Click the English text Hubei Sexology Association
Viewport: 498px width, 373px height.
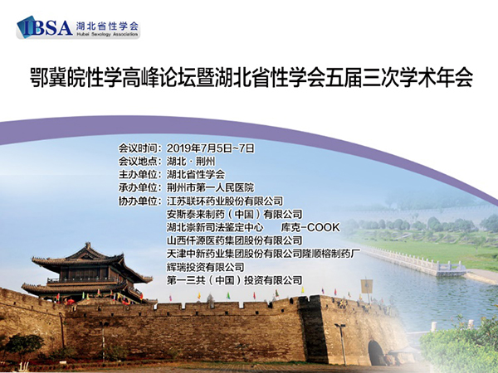[107, 34]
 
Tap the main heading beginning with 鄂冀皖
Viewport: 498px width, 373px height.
[251, 77]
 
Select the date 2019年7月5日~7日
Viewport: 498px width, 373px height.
[211, 148]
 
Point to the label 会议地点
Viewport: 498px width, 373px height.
[138, 162]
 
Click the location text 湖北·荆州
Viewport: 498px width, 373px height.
[191, 162]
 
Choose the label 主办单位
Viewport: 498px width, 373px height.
[138, 174]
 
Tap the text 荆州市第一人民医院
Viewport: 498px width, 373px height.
[211, 187]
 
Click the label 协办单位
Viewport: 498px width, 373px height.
[138, 201]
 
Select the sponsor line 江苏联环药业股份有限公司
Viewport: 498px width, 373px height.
[225, 201]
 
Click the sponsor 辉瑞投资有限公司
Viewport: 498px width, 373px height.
[206, 267]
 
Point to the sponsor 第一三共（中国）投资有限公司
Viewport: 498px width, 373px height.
[234, 280]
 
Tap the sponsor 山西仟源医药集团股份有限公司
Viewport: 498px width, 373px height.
[234, 240]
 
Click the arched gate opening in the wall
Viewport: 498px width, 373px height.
[376, 353]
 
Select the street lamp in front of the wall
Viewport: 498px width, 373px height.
[341, 344]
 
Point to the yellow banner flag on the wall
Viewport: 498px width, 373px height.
[367, 287]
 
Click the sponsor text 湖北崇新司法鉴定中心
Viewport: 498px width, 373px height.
[215, 227]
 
